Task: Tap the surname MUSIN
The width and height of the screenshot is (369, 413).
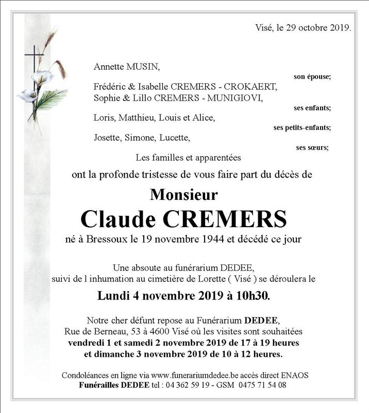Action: click(x=143, y=67)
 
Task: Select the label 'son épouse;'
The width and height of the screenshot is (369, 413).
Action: click(x=312, y=76)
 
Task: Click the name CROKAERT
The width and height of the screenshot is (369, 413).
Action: click(x=251, y=86)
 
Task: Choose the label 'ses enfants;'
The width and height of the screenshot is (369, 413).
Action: click(x=312, y=108)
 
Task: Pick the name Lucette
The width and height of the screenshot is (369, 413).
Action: click(x=174, y=138)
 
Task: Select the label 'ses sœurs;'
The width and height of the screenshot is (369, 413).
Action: click(x=312, y=148)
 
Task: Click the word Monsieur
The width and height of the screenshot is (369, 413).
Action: click(x=184, y=195)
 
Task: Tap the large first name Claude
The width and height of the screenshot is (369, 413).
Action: click(x=118, y=219)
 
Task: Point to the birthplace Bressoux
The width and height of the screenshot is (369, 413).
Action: click(x=106, y=239)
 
